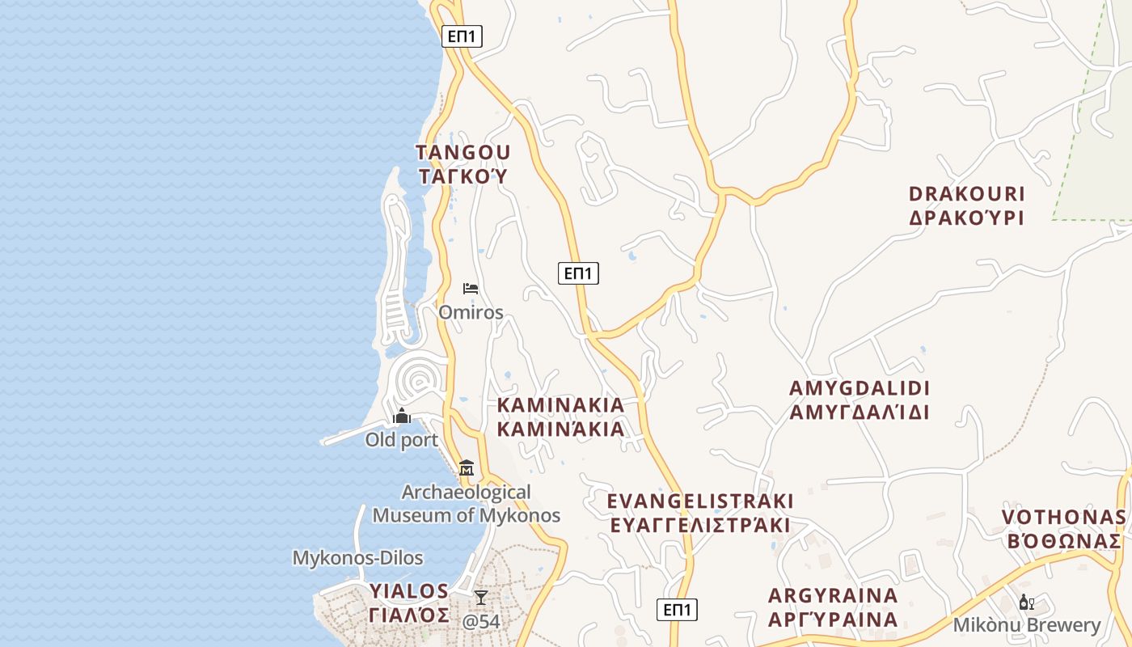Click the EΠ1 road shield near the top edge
pyautogui.click(x=462, y=36)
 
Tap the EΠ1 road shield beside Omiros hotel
pyautogui.click(x=578, y=273)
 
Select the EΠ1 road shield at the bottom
pyautogui.click(x=676, y=610)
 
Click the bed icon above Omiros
pyautogui.click(x=471, y=289)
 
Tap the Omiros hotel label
pyautogui.click(x=471, y=312)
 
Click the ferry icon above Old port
pyautogui.click(x=402, y=417)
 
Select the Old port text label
pyautogui.click(x=402, y=440)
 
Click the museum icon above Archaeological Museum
pyautogui.click(x=467, y=468)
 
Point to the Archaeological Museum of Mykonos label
pyautogui.click(x=467, y=503)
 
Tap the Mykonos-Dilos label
pyautogui.click(x=357, y=558)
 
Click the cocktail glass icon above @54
pyautogui.click(x=481, y=598)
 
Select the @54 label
pyautogui.click(x=481, y=622)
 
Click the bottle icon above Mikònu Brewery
pyautogui.click(x=1027, y=602)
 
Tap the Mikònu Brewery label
pyautogui.click(x=1027, y=625)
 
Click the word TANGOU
pyautogui.click(x=463, y=152)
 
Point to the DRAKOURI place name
pyautogui.click(x=967, y=194)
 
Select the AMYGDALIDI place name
pyautogui.click(x=860, y=387)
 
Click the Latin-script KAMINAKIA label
pyautogui.click(x=560, y=404)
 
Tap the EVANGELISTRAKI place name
pyautogui.click(x=700, y=501)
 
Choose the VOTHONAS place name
pyautogui.click(x=1063, y=518)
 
